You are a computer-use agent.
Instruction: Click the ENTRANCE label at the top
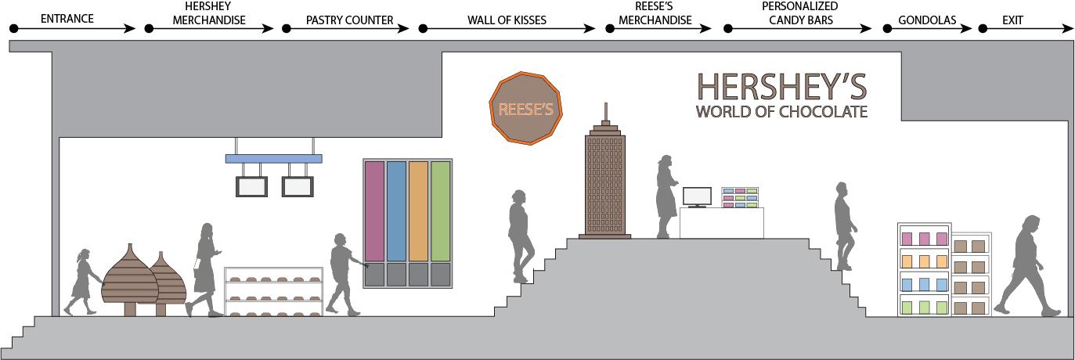click(x=67, y=19)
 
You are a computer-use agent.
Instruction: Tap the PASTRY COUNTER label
click(x=349, y=20)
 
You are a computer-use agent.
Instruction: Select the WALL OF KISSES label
click(x=507, y=20)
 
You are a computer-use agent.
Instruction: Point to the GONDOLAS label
click(x=927, y=20)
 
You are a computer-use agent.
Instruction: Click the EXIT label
click(x=1012, y=20)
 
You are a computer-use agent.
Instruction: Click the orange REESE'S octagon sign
click(x=526, y=108)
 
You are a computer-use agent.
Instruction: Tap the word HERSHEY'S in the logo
click(x=781, y=87)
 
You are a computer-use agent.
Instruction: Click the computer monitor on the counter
click(x=697, y=196)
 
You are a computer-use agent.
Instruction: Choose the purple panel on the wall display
click(x=374, y=210)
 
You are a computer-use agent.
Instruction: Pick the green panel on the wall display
click(x=441, y=210)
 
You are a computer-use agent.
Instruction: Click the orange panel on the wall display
click(x=419, y=210)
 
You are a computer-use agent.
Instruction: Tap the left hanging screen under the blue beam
click(x=252, y=186)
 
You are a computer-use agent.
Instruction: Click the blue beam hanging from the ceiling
click(x=273, y=158)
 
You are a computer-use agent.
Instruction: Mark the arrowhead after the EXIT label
click(x=1068, y=28)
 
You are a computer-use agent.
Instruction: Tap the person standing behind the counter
click(x=666, y=196)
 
